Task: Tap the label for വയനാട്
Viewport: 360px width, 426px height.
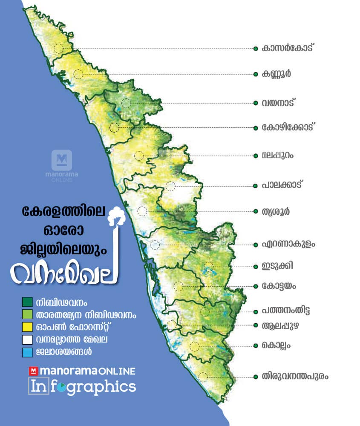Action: click(279, 103)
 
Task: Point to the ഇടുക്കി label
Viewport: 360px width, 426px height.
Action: click(278, 266)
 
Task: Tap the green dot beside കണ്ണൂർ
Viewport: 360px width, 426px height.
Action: click(255, 74)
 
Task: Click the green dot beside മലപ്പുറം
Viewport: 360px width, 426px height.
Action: click(255, 155)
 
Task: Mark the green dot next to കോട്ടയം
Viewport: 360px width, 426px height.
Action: click(255, 286)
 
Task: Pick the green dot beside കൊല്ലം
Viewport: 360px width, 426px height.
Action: click(255, 345)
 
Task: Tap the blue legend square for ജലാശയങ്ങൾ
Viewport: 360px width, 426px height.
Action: click(27, 352)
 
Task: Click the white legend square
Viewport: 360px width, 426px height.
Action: click(27, 340)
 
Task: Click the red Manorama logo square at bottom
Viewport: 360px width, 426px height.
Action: click(33, 371)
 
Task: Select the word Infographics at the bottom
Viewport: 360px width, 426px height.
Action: click(82, 387)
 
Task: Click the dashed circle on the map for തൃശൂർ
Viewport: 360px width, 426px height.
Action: click(142, 211)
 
